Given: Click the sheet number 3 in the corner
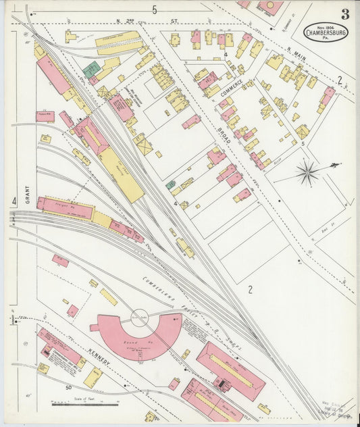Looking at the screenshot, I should point(345,14).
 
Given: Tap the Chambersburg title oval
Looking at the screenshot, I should point(326,32).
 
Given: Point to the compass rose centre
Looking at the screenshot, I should point(308,172).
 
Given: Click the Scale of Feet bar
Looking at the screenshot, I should point(80,404).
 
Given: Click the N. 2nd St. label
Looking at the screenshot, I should point(147,20).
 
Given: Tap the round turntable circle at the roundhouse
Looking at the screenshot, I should point(140,318).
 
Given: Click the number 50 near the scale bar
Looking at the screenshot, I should point(68,387).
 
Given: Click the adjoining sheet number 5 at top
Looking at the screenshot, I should point(154,9).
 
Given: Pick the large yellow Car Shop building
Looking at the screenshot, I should point(122,174).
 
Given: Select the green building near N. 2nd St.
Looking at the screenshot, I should point(91,69).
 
